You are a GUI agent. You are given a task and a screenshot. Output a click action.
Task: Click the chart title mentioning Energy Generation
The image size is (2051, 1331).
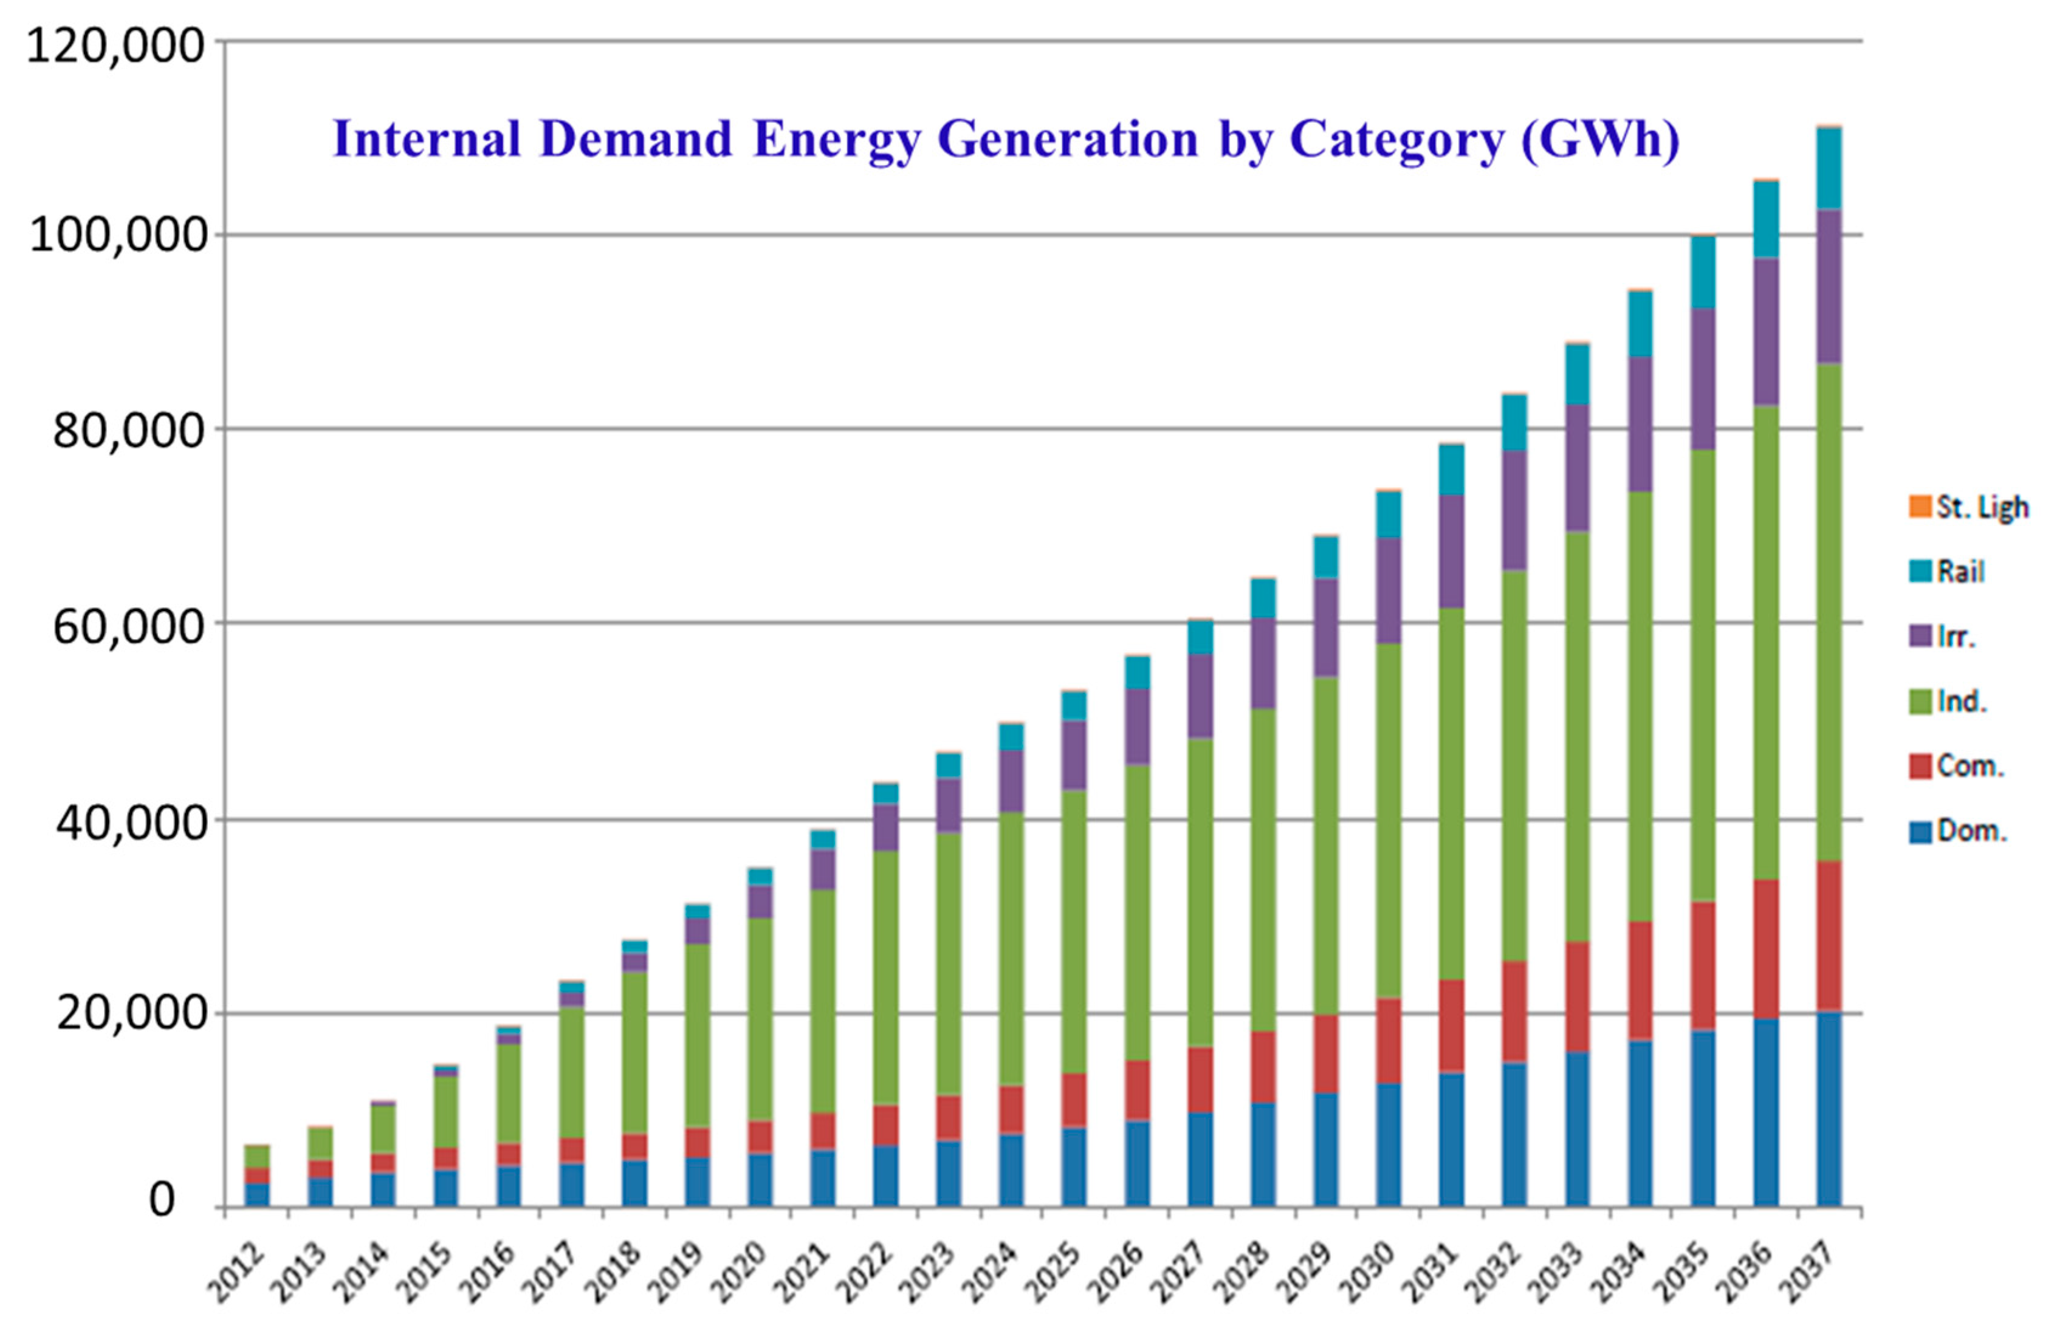pyautogui.click(x=1006, y=140)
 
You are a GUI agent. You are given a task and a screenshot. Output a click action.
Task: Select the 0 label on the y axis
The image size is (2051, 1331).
pyautogui.click(x=161, y=1199)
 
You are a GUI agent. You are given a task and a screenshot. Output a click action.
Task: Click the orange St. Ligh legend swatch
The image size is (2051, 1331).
pyautogui.click(x=1920, y=507)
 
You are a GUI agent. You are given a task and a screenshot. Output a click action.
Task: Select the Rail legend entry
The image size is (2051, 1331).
pyautogui.click(x=1948, y=571)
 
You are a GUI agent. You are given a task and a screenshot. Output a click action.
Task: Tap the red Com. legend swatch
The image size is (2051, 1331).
pyautogui.click(x=1920, y=766)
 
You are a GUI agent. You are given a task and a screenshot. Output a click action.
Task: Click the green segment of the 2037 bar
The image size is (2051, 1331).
pyautogui.click(x=1829, y=612)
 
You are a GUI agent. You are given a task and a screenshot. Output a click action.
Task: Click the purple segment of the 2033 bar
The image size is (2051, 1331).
pyautogui.click(x=1577, y=468)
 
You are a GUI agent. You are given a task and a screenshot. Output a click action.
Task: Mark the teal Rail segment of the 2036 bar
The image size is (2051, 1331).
pyautogui.click(x=1766, y=219)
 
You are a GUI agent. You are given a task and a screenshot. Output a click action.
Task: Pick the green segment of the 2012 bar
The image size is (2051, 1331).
pyautogui.click(x=257, y=1156)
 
